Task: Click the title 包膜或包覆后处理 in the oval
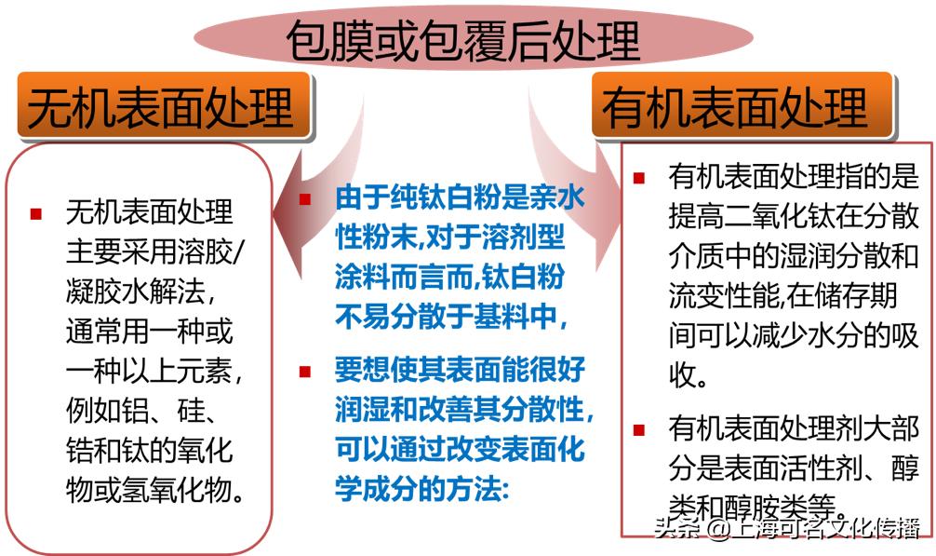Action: (x=462, y=40)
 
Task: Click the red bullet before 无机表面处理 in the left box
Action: (x=36, y=213)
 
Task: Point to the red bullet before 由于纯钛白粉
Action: (x=304, y=199)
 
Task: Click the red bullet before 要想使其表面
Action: (x=304, y=372)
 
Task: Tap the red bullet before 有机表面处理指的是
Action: (x=638, y=177)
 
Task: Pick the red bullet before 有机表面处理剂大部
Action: (x=638, y=429)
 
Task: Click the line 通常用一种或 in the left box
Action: (x=149, y=332)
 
